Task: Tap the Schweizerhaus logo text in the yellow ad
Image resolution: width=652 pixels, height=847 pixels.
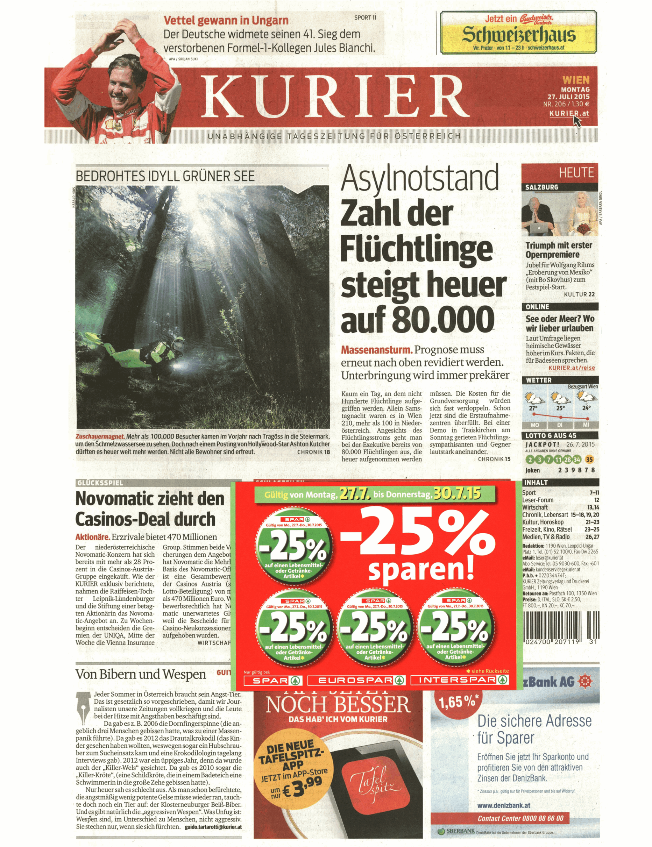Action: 519,35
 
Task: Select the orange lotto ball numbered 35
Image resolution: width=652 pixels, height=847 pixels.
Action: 589,460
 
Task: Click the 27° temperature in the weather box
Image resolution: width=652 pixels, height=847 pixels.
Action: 533,408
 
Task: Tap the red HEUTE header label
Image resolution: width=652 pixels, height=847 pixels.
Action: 576,172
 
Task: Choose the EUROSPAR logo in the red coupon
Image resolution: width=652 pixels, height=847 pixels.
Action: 356,680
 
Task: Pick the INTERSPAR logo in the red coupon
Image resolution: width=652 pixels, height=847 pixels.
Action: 460,680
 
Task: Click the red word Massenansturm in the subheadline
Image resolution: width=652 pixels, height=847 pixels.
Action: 376,350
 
